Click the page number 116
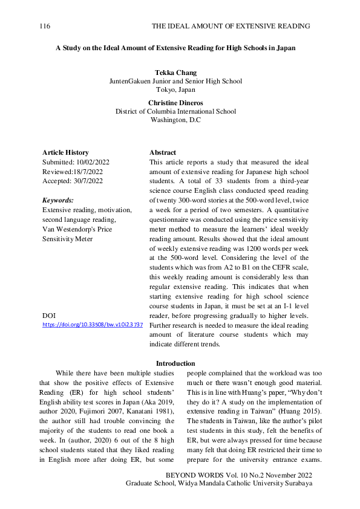44,27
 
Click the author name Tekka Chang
175,73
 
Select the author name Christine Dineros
175,103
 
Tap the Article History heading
65,152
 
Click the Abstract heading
163,152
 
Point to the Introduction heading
175,363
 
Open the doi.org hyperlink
93,325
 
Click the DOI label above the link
49,316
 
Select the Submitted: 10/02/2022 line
76,163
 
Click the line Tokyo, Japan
175,90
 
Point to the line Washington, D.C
175,120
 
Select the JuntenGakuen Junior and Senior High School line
175,81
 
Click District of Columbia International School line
175,111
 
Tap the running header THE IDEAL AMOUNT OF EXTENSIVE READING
231,27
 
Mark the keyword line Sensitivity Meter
68,239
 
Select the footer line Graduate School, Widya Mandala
218,484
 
